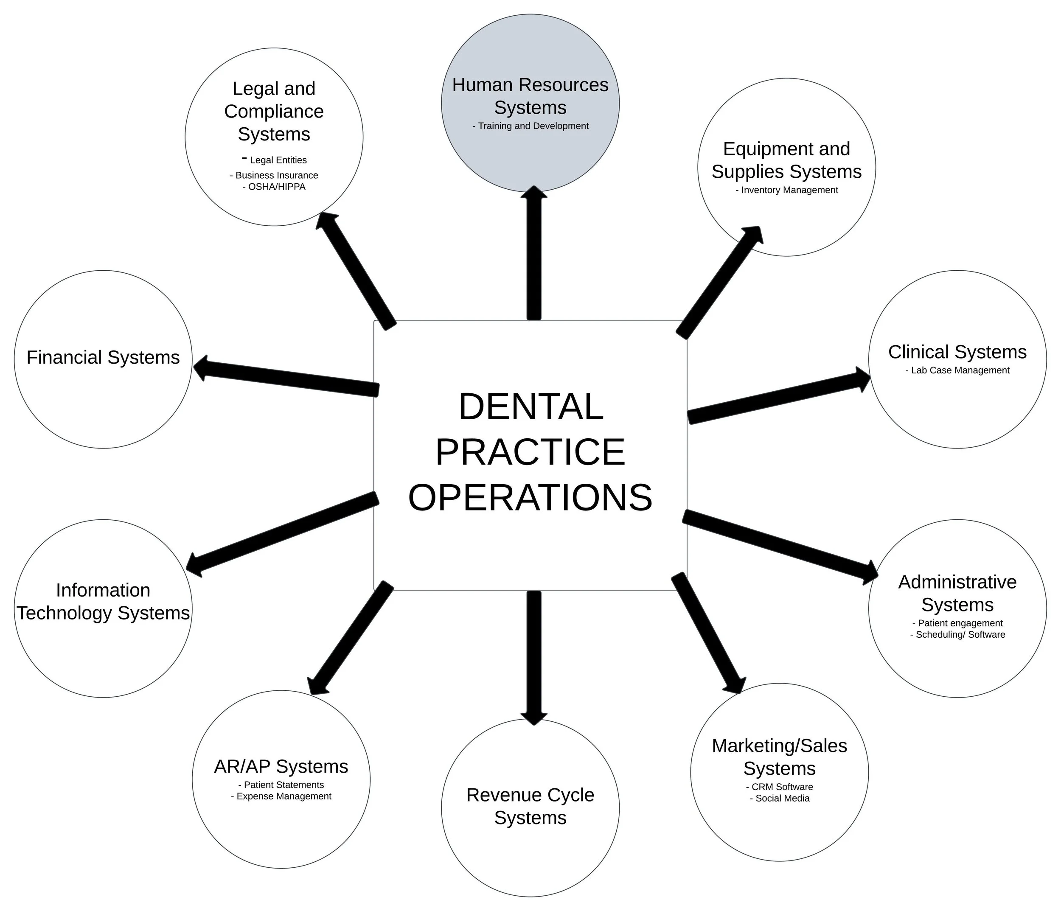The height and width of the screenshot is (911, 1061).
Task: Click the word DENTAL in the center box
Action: pyautogui.click(x=530, y=407)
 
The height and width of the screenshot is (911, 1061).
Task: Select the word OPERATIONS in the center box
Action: pyautogui.click(x=530, y=498)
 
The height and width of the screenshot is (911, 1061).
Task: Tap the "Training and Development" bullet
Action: pyautogui.click(x=530, y=126)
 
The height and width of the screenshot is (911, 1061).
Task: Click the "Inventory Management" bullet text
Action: pyautogui.click(x=786, y=190)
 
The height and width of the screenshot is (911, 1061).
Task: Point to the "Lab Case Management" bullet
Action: pyautogui.click(x=957, y=370)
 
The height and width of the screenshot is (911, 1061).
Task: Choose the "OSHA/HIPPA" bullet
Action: pyautogui.click(x=274, y=187)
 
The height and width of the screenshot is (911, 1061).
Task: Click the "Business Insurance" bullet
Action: pyautogui.click(x=274, y=175)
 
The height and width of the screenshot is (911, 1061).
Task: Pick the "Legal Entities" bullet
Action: pyautogui.click(x=275, y=160)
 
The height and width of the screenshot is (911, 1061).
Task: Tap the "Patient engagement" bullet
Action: pyautogui.click(x=957, y=623)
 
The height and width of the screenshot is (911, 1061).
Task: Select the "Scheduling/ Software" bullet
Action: pyautogui.click(x=957, y=634)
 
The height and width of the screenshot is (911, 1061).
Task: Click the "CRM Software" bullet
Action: pyautogui.click(x=779, y=787)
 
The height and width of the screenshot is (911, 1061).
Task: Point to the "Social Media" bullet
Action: pyautogui.click(x=779, y=798)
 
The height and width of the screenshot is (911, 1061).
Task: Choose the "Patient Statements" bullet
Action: pyautogui.click(x=281, y=785)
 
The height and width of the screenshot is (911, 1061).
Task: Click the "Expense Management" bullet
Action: pyautogui.click(x=281, y=796)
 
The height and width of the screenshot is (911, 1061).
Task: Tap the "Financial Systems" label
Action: pyautogui.click(x=103, y=357)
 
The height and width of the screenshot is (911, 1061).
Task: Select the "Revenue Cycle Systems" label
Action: pyautogui.click(x=530, y=806)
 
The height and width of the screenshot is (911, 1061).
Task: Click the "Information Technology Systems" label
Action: pyautogui.click(x=103, y=601)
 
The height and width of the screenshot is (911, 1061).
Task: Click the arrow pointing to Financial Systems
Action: pyautogui.click(x=287, y=377)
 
